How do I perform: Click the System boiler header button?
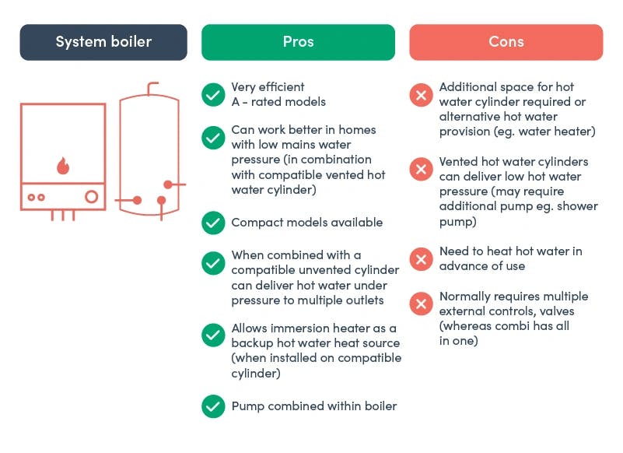103,42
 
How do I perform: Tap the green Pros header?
298,42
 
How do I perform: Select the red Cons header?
506,42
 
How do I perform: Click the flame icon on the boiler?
63,165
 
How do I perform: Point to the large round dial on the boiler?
93,196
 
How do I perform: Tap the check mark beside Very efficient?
213,94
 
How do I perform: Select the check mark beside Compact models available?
213,223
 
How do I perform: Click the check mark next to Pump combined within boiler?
213,406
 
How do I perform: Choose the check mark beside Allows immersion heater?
213,335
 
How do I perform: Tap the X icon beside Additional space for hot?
421,95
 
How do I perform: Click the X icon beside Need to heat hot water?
421,258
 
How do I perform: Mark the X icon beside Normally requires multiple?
421,304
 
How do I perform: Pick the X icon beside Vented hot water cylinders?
421,169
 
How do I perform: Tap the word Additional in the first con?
468,87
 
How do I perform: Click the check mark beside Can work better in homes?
213,137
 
